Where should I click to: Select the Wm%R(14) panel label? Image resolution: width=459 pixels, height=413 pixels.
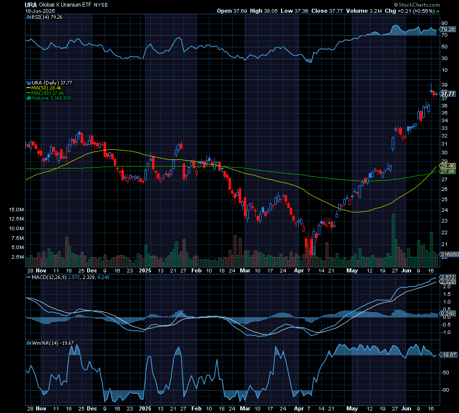pyautogui.click(x=43, y=343)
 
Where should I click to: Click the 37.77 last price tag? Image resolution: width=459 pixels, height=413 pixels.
pyautogui.click(x=448, y=94)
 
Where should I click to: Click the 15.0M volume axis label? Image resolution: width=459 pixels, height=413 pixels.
pyautogui.click(x=17, y=209)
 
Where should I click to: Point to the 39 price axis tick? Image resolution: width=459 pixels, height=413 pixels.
pyautogui.click(x=444, y=85)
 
